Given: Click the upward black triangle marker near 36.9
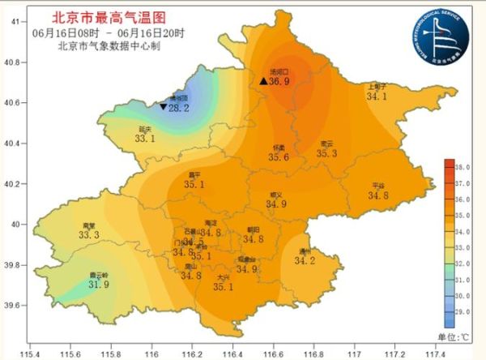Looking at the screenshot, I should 264,82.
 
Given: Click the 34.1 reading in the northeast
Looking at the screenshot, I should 377,96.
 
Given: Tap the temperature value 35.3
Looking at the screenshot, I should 327,153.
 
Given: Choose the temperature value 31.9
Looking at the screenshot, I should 99,285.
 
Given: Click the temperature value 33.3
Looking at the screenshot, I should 89,235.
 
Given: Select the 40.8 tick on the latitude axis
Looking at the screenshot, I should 14,62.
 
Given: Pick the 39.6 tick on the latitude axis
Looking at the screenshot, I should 14,306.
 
